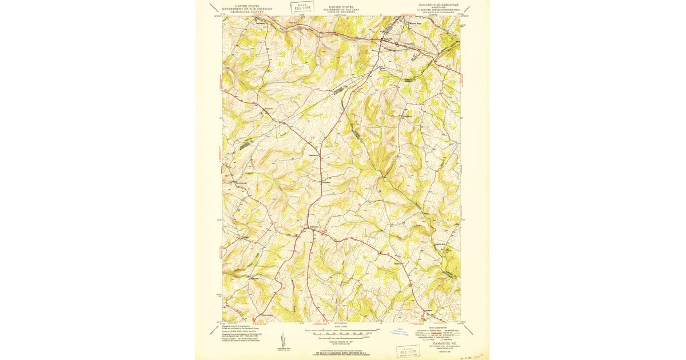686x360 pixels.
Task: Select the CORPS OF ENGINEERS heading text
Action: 341,11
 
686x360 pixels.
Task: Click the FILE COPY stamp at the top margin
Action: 302,7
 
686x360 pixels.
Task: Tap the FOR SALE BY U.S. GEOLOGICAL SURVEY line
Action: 342,353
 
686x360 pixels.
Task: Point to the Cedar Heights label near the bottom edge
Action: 265,314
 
